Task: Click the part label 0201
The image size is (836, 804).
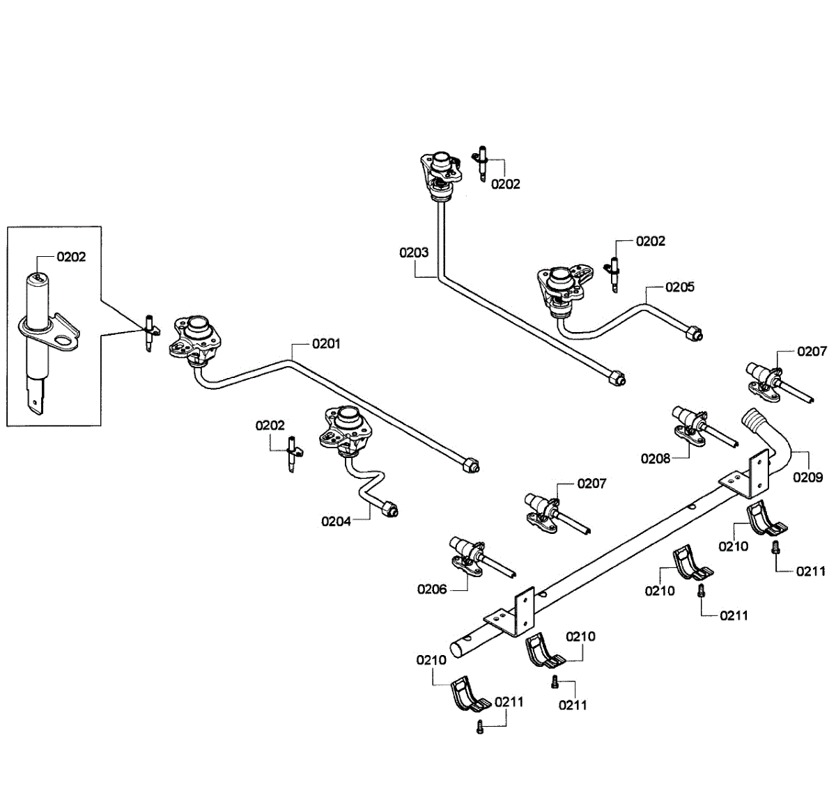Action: (x=326, y=343)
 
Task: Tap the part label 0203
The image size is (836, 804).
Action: (x=414, y=252)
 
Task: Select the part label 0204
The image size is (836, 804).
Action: (x=336, y=521)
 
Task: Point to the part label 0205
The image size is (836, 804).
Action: (x=680, y=287)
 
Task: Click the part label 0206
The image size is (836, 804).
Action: (x=432, y=590)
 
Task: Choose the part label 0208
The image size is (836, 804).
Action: (x=656, y=458)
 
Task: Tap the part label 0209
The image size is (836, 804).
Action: (x=808, y=477)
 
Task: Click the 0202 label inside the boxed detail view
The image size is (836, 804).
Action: (x=71, y=257)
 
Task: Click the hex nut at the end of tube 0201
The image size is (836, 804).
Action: (x=470, y=465)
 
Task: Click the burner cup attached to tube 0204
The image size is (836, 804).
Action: (x=345, y=421)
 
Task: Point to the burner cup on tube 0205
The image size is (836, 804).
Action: (x=558, y=280)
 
